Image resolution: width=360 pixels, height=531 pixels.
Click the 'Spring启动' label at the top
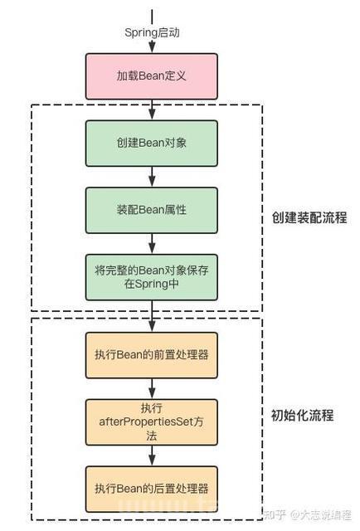(x=152, y=32)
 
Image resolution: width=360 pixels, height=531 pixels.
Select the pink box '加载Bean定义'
(x=152, y=76)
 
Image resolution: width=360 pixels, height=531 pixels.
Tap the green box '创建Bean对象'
(x=152, y=144)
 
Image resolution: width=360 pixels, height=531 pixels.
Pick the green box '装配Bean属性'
(x=152, y=210)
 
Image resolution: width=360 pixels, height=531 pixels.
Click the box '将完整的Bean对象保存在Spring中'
(x=152, y=277)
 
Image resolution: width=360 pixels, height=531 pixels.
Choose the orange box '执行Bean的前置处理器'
(x=152, y=355)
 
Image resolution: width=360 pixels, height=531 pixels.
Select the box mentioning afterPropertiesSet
(x=152, y=422)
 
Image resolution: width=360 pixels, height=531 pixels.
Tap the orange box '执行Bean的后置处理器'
(x=152, y=489)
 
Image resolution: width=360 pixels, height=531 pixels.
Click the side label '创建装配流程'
(x=309, y=217)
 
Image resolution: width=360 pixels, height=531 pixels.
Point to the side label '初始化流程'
(x=303, y=415)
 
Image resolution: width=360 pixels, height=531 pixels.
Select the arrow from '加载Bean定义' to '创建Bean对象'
(x=152, y=110)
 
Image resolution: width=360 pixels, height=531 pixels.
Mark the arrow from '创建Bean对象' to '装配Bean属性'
(x=152, y=177)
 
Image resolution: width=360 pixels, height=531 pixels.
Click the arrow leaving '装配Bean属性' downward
(x=152, y=244)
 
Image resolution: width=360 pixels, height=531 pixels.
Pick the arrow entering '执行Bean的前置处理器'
(x=152, y=316)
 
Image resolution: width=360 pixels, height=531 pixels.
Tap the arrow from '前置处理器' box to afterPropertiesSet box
(x=152, y=389)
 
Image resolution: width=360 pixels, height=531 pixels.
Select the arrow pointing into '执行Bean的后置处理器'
(x=152, y=455)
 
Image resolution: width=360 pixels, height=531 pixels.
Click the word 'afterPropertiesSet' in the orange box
(x=146, y=422)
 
